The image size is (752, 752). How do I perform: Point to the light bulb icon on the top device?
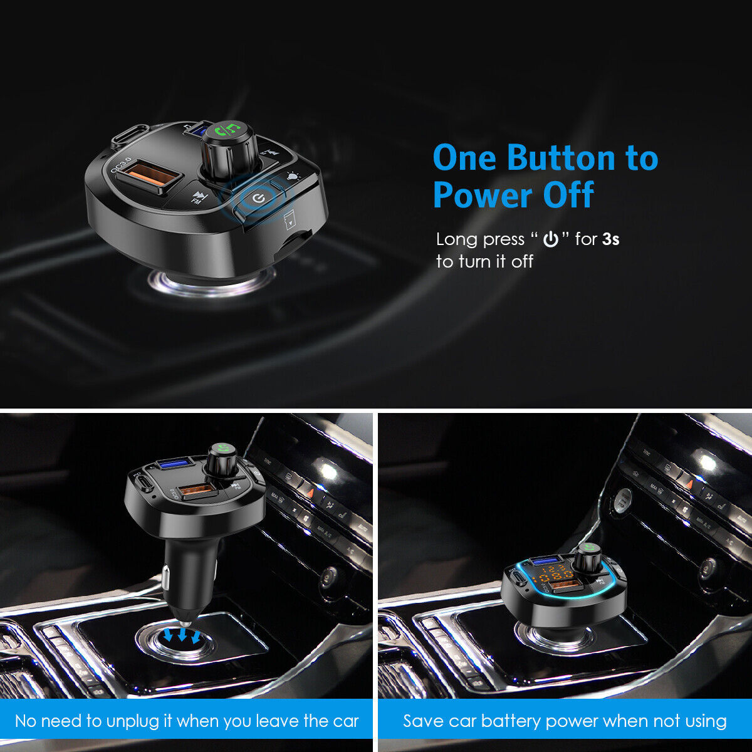tap(293, 177)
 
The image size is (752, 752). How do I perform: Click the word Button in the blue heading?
tap(561, 158)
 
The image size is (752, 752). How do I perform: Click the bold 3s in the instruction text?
tap(611, 239)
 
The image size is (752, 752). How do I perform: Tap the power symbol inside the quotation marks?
tap(551, 239)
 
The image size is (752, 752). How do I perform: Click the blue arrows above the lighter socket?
tap(182, 635)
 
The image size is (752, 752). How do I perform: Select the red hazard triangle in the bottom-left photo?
tap(310, 492)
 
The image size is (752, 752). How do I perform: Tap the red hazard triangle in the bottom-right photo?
tap(689, 484)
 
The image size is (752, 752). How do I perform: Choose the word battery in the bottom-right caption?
tap(511, 721)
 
